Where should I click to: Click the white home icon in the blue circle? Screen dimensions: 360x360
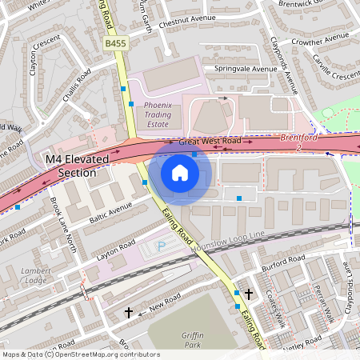[x=180, y=173]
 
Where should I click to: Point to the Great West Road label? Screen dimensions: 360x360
[x=210, y=142]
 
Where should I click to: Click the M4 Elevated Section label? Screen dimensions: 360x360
[x=76, y=166]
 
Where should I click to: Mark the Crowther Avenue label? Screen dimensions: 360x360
[x=318, y=41]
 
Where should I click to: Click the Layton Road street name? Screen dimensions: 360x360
[x=114, y=248]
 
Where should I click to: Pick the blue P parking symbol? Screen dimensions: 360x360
[x=162, y=246]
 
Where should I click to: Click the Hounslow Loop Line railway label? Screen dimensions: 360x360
[x=228, y=239]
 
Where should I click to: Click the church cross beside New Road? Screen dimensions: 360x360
[x=129, y=313]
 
